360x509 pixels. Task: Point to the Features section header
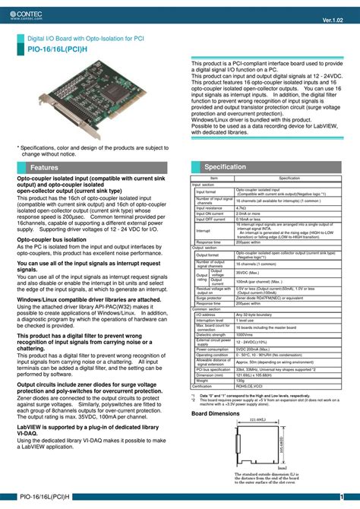(x=44, y=167)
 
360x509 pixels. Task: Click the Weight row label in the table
(x=204, y=359)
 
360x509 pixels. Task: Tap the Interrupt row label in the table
(x=204, y=230)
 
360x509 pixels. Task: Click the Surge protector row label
(x=209, y=298)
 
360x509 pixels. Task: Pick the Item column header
(x=213, y=178)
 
